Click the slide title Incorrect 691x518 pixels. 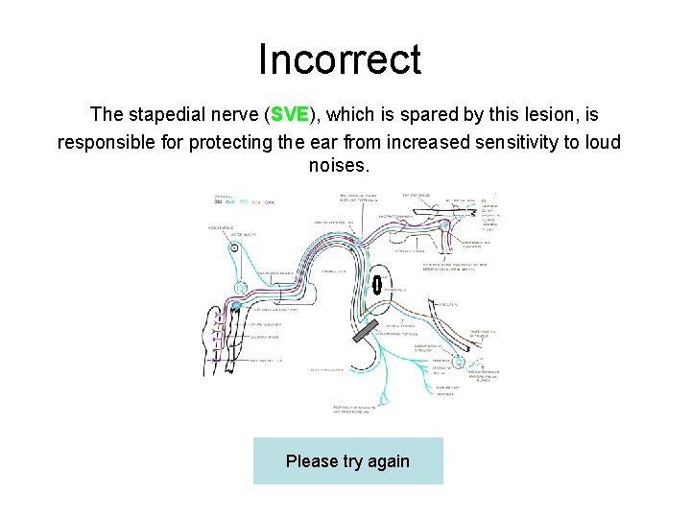pos(339,59)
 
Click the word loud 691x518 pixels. pos(603,143)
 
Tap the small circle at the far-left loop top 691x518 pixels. pos(234,247)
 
